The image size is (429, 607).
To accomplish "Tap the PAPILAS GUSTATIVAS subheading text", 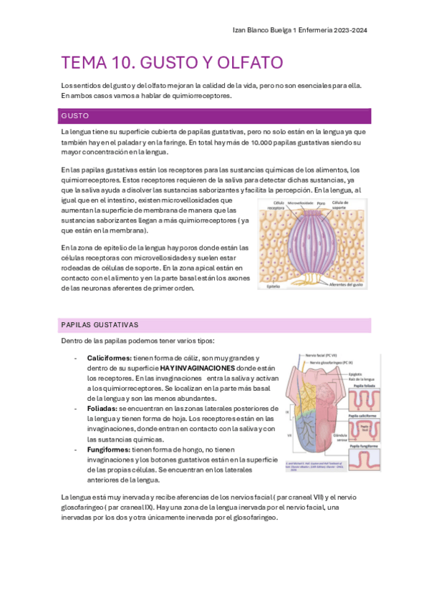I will tap(100, 324).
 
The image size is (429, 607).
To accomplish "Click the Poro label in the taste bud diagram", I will tap(322, 203).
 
